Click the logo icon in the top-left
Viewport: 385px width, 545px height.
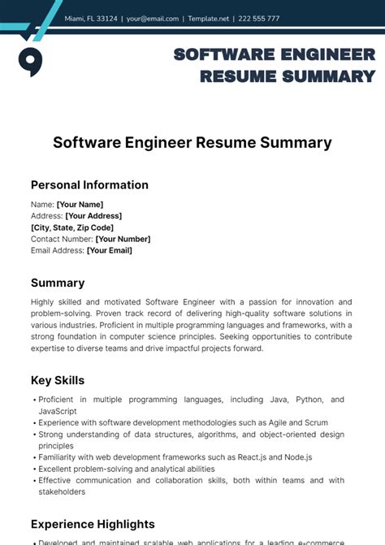[x=30, y=60]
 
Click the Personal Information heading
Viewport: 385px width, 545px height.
[x=89, y=184]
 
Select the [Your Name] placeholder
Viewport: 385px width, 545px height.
[x=80, y=205]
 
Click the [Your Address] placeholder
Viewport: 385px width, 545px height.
[x=93, y=216]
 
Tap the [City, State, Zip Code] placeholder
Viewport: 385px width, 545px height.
[x=72, y=227]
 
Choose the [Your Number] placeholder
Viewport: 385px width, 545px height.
[x=123, y=239]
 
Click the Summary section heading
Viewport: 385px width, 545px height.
[x=58, y=283]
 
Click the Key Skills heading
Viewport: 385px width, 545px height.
[x=58, y=380]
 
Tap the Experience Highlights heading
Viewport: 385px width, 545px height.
[x=93, y=524]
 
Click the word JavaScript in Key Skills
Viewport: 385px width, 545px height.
[x=58, y=411]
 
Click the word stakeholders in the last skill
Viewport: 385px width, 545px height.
[x=63, y=491]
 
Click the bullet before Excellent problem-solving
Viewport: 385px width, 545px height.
[x=34, y=469]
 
